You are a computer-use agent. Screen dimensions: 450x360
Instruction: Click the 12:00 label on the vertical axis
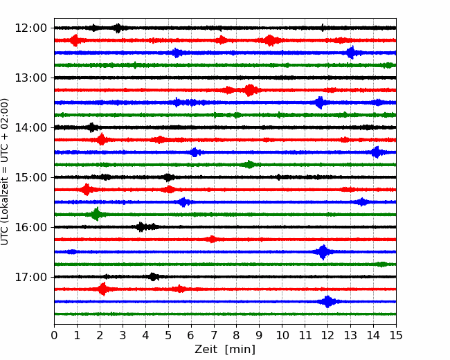click(x=30, y=28)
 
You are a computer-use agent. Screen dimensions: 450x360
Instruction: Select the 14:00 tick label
click(x=30, y=127)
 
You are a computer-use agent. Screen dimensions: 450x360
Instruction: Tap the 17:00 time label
click(x=30, y=277)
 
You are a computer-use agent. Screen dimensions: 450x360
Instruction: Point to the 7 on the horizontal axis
click(x=213, y=335)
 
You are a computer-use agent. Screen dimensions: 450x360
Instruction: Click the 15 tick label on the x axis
click(x=396, y=335)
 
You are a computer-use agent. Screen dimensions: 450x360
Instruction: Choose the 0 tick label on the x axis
click(x=54, y=335)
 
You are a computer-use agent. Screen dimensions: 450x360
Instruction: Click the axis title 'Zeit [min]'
click(x=225, y=350)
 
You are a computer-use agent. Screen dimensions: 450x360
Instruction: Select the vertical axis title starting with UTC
click(x=5, y=172)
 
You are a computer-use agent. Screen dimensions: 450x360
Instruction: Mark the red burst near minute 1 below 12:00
click(x=75, y=40)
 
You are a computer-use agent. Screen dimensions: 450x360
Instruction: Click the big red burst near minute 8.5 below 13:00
click(x=250, y=90)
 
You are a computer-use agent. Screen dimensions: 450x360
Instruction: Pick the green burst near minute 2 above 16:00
click(x=96, y=214)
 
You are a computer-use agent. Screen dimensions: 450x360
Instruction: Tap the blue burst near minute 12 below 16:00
click(x=323, y=252)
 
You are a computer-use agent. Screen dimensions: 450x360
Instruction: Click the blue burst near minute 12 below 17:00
click(x=327, y=302)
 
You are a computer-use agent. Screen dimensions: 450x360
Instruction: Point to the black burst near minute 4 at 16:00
click(x=141, y=227)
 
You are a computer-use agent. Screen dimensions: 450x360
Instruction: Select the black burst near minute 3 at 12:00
click(x=118, y=28)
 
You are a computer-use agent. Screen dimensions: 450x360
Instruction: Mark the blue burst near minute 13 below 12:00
click(x=351, y=53)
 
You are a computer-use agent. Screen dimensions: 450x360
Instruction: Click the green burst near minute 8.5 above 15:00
click(x=249, y=165)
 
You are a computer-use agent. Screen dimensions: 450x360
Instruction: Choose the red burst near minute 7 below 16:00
click(x=212, y=239)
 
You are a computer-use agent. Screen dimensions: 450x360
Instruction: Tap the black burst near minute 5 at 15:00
click(x=169, y=177)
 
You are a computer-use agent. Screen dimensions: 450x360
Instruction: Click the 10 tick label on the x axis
click(x=282, y=335)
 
